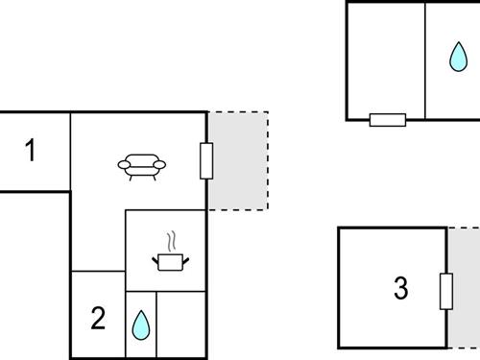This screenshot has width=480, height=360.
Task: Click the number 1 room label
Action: (31, 151)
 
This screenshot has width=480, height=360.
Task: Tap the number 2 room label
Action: (97, 318)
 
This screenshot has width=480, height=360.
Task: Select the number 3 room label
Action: (401, 287)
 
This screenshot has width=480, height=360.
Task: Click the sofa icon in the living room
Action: (142, 168)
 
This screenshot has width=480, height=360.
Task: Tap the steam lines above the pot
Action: (171, 239)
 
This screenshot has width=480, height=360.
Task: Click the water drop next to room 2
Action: (140, 325)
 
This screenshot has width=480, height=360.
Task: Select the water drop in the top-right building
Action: (456, 58)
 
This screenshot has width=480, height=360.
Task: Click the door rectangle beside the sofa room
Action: (205, 160)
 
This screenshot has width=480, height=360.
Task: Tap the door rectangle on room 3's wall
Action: (445, 291)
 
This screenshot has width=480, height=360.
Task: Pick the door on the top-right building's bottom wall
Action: (388, 120)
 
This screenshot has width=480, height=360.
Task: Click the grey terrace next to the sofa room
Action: (238, 160)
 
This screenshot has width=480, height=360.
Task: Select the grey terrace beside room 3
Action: (465, 288)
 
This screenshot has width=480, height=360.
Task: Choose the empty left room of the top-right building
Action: (385, 58)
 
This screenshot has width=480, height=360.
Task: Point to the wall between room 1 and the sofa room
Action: (70, 151)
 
